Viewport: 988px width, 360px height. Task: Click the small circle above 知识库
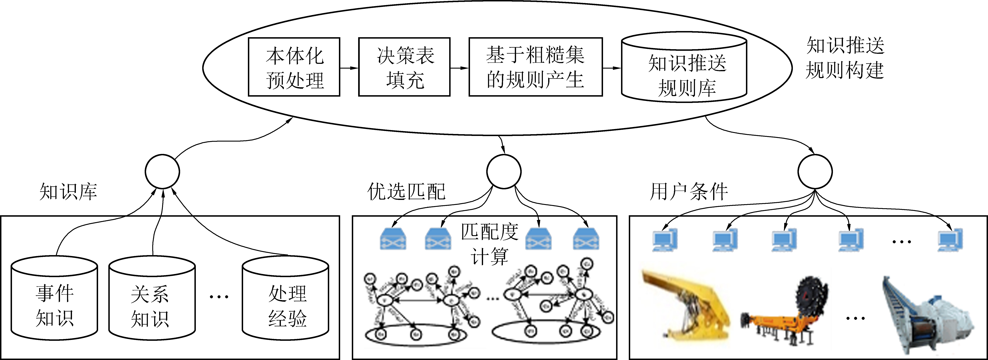(x=162, y=171)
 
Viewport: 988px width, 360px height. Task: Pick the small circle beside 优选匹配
(x=504, y=171)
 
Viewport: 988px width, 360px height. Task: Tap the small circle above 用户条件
(x=815, y=171)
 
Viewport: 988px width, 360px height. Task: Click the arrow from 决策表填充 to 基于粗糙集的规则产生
(x=459, y=68)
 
